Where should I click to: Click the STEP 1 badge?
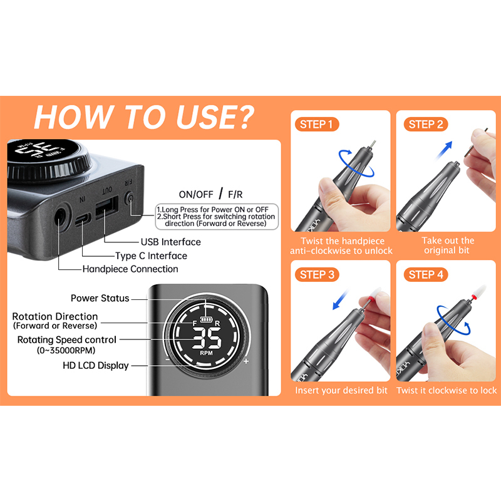click(x=317, y=124)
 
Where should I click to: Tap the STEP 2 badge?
click(x=426, y=124)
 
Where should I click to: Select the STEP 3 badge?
click(x=317, y=275)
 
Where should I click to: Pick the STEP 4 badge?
click(x=426, y=275)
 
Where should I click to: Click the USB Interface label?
click(x=171, y=242)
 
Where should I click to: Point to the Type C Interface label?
click(x=151, y=256)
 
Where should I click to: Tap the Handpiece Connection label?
click(x=130, y=269)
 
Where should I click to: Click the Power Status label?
click(x=100, y=298)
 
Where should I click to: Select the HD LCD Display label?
click(x=96, y=365)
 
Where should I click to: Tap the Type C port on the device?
click(x=83, y=220)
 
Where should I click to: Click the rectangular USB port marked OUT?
click(x=106, y=207)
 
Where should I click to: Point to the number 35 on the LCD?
click(x=207, y=338)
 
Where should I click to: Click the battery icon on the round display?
click(x=205, y=319)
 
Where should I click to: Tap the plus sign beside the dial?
click(x=246, y=361)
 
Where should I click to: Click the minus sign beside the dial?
click(x=168, y=359)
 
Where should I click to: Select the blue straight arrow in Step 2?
click(x=444, y=150)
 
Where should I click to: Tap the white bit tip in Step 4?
click(x=481, y=291)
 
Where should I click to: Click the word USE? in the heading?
click(x=215, y=117)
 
